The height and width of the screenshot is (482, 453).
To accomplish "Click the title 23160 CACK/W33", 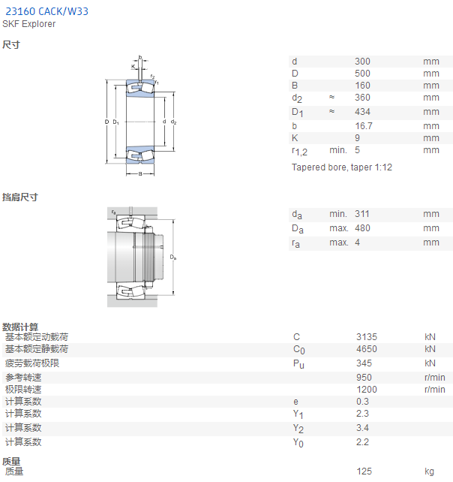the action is (47, 11).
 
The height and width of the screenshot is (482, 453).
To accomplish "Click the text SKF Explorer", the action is (28, 24).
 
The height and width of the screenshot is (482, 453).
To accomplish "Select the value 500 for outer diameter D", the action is (362, 74).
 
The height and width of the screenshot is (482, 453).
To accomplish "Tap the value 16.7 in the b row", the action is (364, 126).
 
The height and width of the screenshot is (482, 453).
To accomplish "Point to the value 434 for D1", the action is (362, 112).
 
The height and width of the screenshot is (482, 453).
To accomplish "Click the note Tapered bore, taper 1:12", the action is (342, 167).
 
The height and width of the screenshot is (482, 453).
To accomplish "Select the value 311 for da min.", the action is (362, 214).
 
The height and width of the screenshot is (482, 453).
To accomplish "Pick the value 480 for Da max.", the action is (362, 228).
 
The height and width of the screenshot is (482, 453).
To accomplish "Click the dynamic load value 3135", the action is (367, 337).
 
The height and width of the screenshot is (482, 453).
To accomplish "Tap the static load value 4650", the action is (367, 349).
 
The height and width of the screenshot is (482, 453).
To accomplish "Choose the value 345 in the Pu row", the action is (364, 363).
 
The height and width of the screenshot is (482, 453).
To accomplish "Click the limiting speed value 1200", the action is (367, 390).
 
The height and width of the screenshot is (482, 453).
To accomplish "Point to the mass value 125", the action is (364, 471).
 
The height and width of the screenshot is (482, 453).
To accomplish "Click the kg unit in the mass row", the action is (429, 471).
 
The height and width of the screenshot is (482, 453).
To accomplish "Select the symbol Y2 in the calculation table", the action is (298, 428).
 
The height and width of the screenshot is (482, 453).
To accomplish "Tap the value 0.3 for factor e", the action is (363, 402).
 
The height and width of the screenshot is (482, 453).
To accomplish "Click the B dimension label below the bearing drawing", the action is (140, 174).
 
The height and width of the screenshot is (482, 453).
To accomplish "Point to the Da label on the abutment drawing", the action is (173, 258).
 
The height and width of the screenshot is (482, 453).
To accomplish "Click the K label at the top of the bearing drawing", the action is (133, 66).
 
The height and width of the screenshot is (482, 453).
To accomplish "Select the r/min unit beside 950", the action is (434, 378).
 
